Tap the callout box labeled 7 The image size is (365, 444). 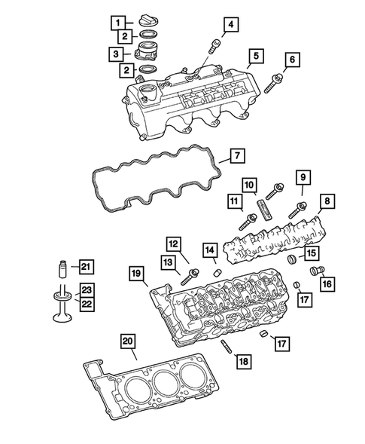pyautogui.click(x=236, y=156)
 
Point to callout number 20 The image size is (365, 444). pyautogui.click(x=129, y=341)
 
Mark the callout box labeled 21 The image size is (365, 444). pyautogui.click(x=86, y=265)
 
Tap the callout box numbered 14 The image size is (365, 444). pyautogui.click(x=209, y=249)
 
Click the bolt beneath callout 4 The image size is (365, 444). pyautogui.click(x=215, y=46)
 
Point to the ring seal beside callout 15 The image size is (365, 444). pyautogui.click(x=295, y=261)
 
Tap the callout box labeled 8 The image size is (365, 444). pyautogui.click(x=327, y=201)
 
